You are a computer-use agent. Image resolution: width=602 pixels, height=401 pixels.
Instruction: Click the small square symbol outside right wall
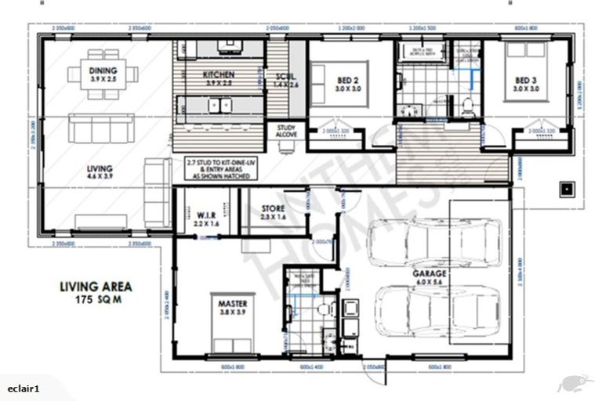click(x=565, y=188)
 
